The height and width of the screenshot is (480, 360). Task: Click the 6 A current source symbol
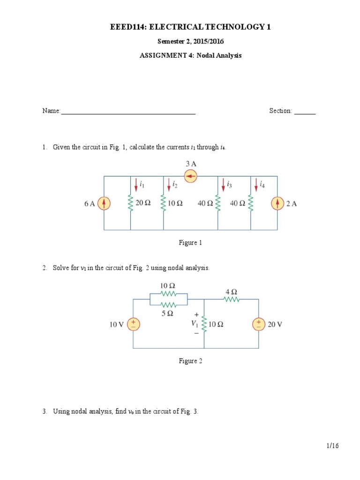[x=104, y=203]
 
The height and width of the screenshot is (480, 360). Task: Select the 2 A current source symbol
[x=277, y=203]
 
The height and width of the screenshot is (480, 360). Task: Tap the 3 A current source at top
[x=191, y=177]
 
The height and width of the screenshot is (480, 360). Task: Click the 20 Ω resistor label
[x=143, y=203]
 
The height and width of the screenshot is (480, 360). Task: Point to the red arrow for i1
[x=136, y=185]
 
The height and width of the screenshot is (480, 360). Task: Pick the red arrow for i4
[x=256, y=185]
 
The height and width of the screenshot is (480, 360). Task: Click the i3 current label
[x=229, y=185]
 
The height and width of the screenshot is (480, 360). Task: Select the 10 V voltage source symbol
[x=134, y=324]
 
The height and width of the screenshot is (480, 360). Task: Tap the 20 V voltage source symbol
[x=258, y=324]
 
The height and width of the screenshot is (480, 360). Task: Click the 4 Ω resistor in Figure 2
[x=232, y=299]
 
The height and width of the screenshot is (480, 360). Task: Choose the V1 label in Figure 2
[x=194, y=323]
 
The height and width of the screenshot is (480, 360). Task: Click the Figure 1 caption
[x=190, y=243]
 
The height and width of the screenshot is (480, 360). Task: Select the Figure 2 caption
[x=190, y=361]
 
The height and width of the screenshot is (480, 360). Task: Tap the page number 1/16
[x=332, y=446]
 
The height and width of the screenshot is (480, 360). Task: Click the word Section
[x=280, y=111]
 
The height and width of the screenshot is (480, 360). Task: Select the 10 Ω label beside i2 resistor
[x=175, y=203]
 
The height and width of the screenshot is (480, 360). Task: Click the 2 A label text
[x=292, y=203]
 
